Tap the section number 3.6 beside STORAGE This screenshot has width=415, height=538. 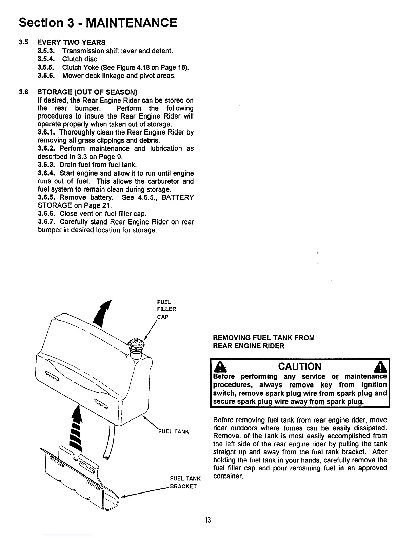23,92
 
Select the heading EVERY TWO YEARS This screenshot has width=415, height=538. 71,42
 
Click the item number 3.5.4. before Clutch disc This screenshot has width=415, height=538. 47,59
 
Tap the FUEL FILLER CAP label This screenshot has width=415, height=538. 167,309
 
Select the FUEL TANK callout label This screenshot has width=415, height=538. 174,432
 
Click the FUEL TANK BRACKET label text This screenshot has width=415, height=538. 185,482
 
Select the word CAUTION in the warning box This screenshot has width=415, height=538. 300,366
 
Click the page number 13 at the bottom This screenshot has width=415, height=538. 207,520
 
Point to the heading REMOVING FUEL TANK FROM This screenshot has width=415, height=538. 263,338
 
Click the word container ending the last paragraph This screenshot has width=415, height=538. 228,477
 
